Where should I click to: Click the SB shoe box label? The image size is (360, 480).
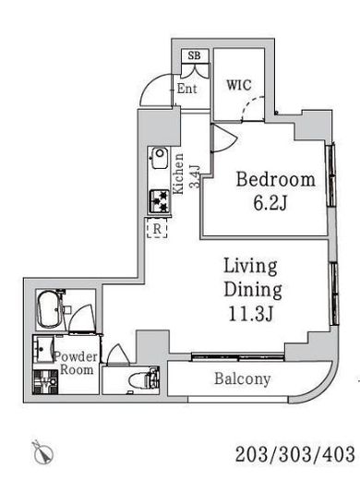(x=194, y=55)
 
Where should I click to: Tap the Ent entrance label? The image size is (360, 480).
(x=186, y=89)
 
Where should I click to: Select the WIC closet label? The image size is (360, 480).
(x=239, y=85)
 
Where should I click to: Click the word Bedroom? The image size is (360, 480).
(x=276, y=180)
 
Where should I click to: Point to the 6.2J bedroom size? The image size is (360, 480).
(x=270, y=203)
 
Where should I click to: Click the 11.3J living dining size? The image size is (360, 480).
(x=250, y=314)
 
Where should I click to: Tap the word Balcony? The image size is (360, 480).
(x=243, y=379)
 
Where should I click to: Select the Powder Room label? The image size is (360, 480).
(x=76, y=363)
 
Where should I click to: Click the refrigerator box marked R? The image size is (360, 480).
(x=157, y=228)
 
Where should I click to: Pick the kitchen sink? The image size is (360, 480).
(x=159, y=158)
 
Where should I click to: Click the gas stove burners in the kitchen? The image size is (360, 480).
(x=160, y=201)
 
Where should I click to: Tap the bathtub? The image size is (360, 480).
(x=49, y=309)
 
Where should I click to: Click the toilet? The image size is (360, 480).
(x=144, y=380)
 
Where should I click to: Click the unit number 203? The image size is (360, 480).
(x=251, y=454)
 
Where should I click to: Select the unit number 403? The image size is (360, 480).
(x=339, y=454)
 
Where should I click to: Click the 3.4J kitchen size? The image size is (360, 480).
(x=195, y=176)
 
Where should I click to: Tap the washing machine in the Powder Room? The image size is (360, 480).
(x=45, y=382)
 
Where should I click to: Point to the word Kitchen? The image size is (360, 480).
(x=178, y=174)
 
